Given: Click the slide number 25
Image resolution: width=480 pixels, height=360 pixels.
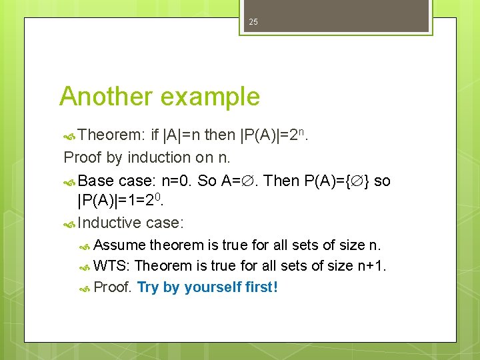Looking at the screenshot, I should [253, 23].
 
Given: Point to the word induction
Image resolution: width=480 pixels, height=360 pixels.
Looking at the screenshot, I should [156, 157].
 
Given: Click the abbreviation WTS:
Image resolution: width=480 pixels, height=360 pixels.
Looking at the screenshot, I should [112, 266].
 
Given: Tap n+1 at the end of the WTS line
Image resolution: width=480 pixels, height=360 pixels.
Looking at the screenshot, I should [371, 266].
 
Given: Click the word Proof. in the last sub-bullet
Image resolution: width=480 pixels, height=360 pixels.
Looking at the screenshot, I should [113, 287].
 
